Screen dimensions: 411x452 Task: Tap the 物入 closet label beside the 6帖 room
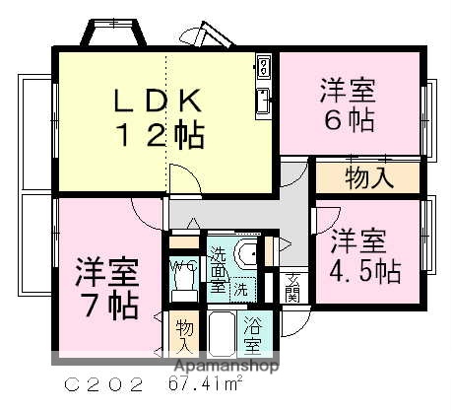pos(369,178)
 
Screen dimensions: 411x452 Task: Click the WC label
pos(182,267)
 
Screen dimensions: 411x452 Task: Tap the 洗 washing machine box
pos(239,291)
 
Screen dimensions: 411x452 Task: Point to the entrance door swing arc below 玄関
pos(291,320)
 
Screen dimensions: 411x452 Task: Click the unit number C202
pos(98,383)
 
